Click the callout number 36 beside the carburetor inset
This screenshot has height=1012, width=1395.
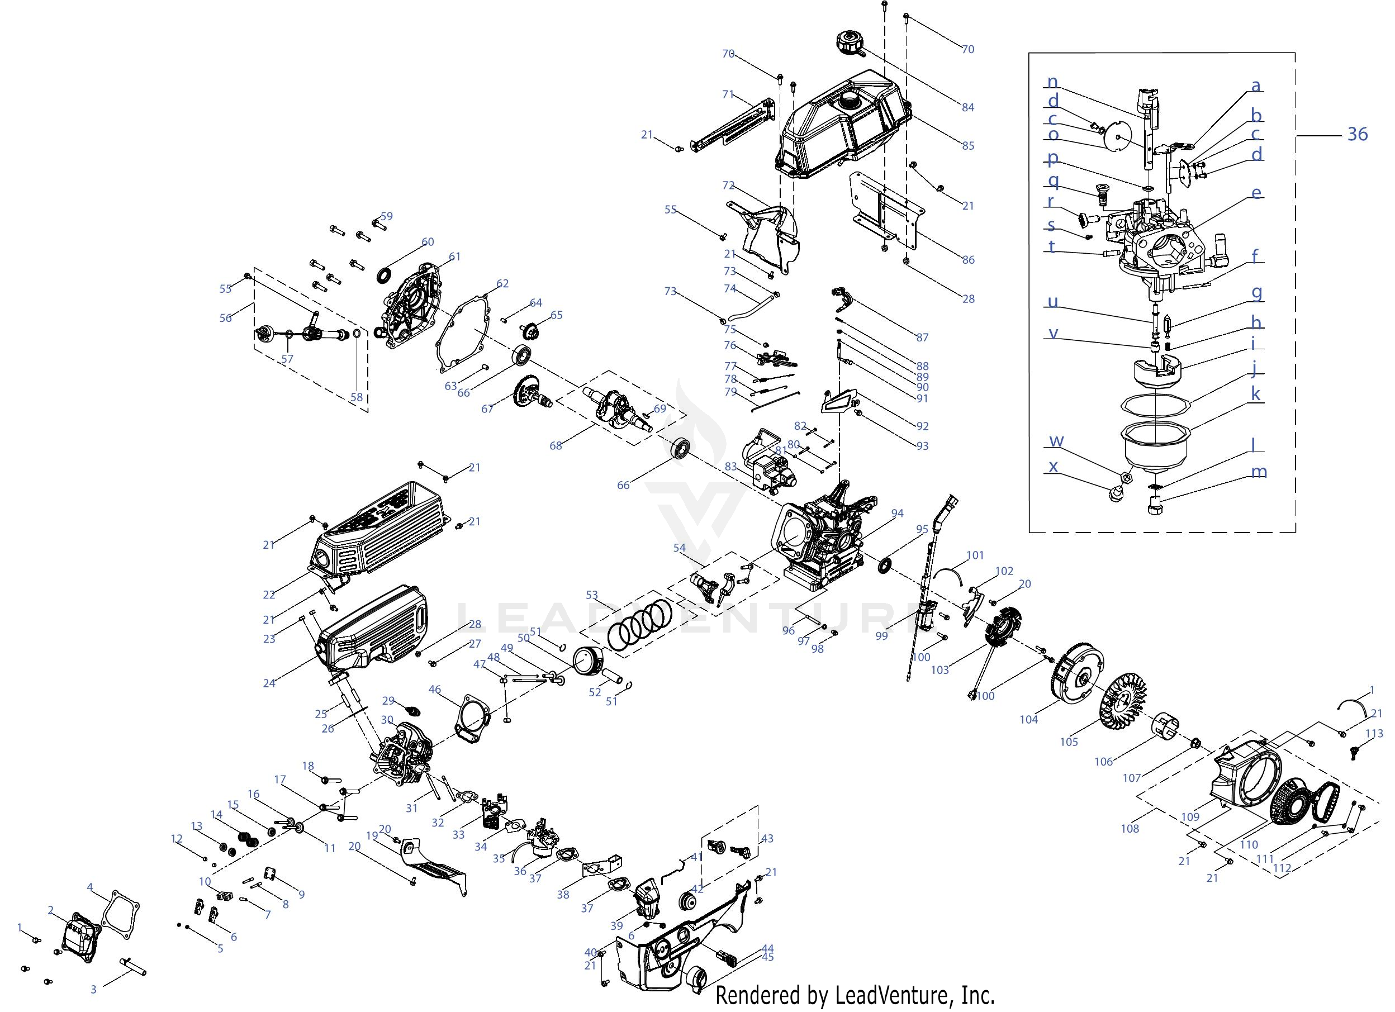(1357, 134)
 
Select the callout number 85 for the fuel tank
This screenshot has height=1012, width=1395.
(967, 146)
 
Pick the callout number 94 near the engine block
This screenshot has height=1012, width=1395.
(898, 513)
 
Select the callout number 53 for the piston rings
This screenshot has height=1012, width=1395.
(592, 595)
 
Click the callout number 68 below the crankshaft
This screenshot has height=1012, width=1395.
(556, 446)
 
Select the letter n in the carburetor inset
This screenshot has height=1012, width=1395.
(1052, 82)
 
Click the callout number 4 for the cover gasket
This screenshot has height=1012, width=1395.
(90, 887)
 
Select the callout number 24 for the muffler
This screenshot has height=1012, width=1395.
(269, 683)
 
